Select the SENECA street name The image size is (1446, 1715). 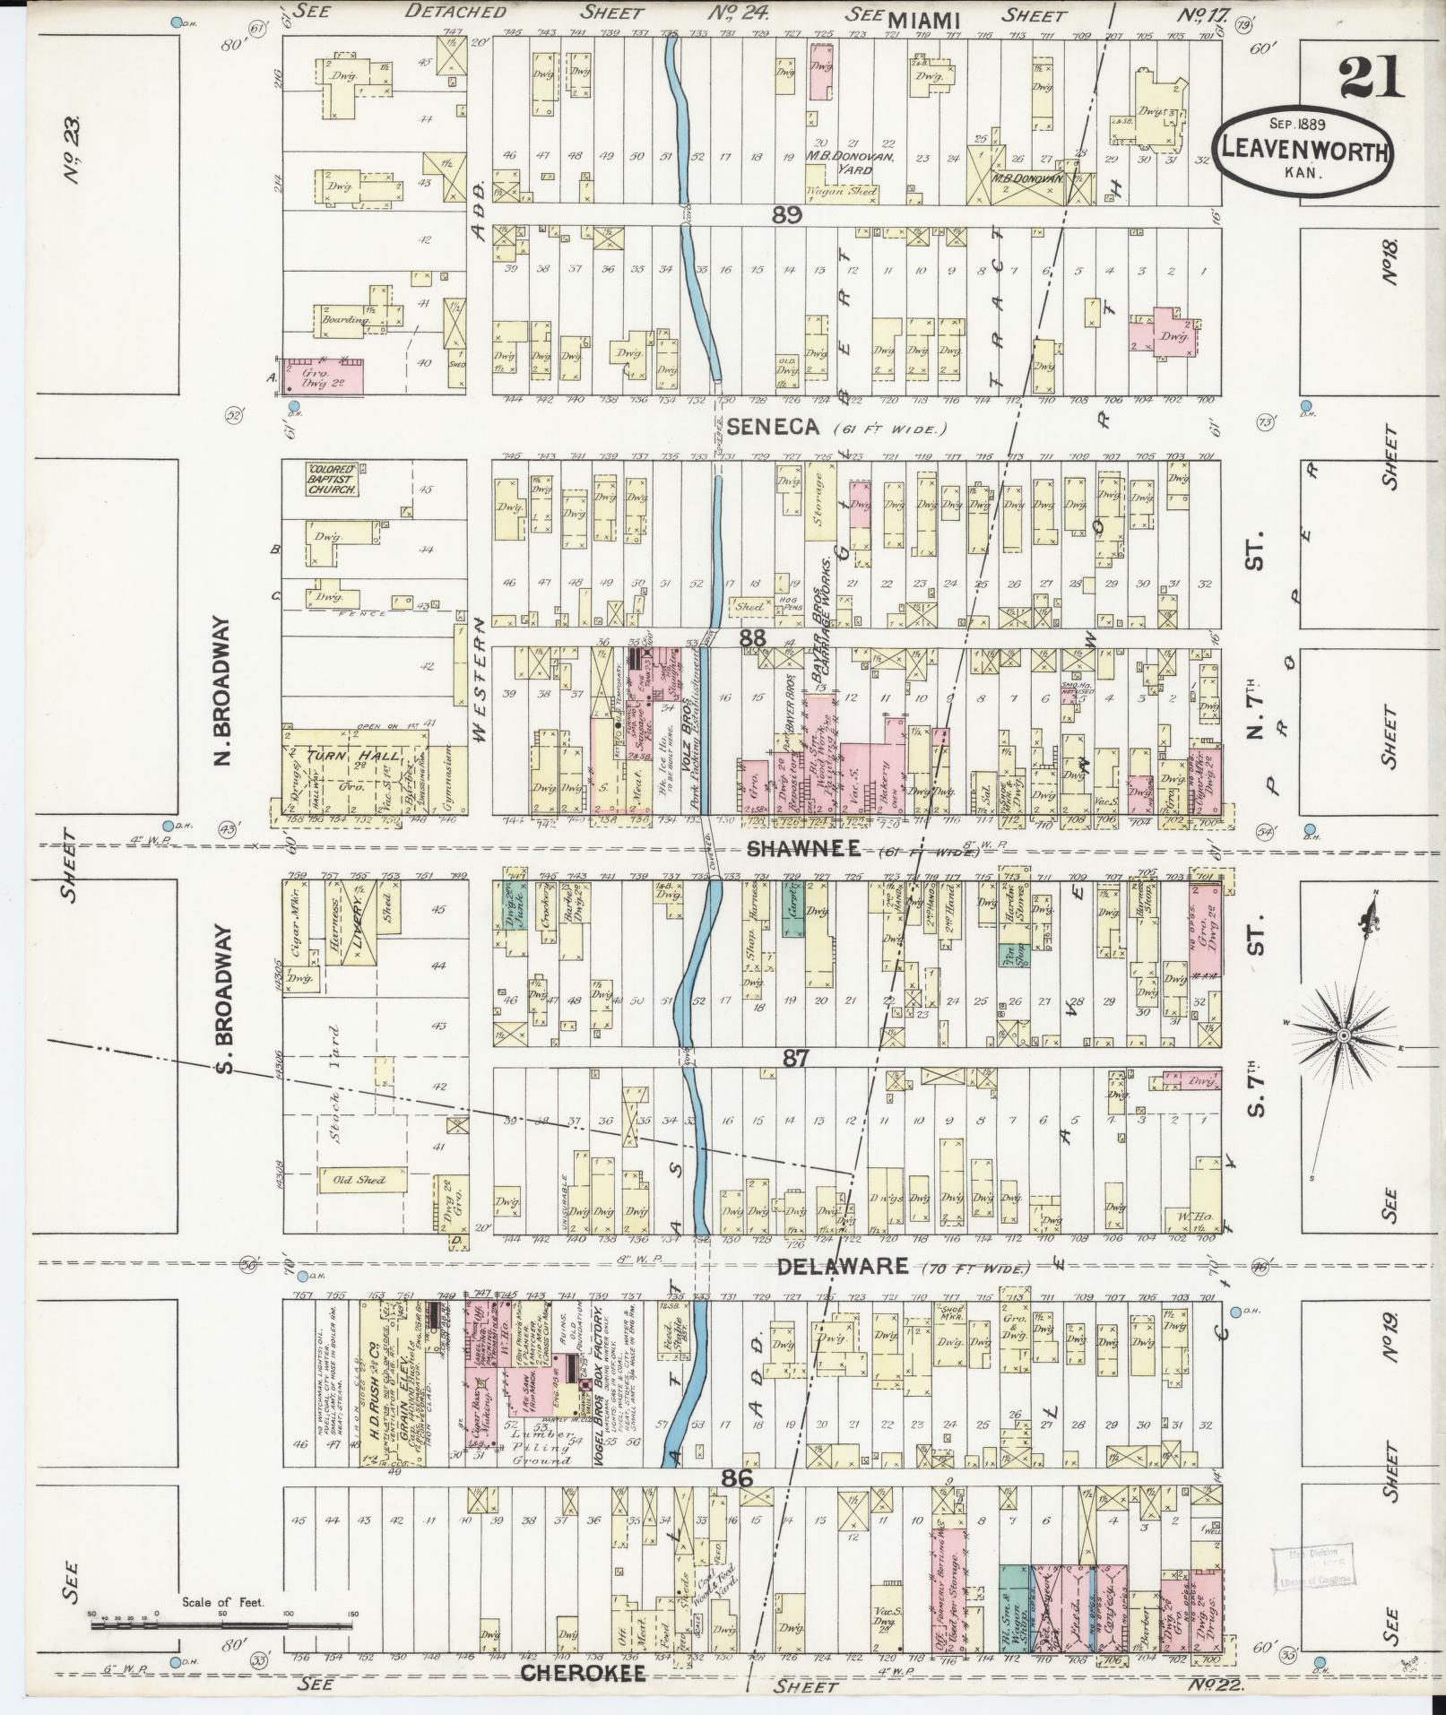coord(773,428)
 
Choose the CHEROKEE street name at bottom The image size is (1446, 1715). coord(583,1673)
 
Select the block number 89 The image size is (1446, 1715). coord(785,216)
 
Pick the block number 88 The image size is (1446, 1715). coord(753,637)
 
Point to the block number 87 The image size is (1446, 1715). coord(796,1058)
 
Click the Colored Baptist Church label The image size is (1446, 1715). coord(333,480)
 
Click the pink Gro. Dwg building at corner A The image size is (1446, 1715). coord(323,376)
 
